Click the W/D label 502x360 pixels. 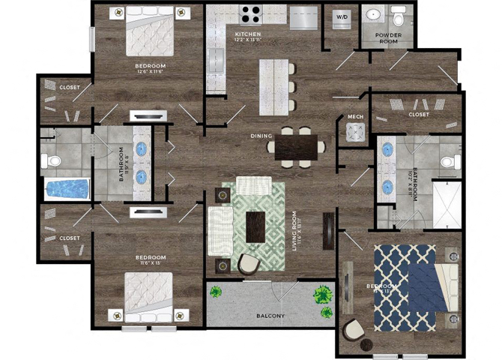pos(342,16)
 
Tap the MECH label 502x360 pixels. pos(355,117)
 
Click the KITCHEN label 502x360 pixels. pos(248,35)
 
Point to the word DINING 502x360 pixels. pos(261,136)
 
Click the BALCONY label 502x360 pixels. pos(270,316)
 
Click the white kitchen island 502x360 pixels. pos(276,86)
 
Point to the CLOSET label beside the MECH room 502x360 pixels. pos(419,114)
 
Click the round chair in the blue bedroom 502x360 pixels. pos(351,330)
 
